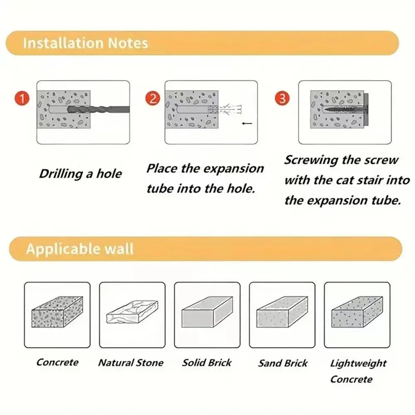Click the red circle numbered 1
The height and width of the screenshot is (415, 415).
click(x=22, y=98)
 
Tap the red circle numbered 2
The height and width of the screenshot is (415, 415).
click(x=153, y=98)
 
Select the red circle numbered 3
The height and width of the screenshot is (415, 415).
click(x=282, y=98)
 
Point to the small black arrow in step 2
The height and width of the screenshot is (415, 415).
click(x=247, y=123)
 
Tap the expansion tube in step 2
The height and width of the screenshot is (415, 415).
click(x=225, y=109)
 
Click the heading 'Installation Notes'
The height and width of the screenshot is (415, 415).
click(x=85, y=43)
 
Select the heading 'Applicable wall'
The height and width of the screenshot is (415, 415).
click(x=80, y=249)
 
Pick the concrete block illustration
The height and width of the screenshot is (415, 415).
click(x=57, y=312)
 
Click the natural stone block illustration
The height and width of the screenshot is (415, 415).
click(x=132, y=312)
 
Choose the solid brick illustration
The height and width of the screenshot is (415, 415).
click(x=207, y=312)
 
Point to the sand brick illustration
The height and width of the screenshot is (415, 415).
click(x=282, y=312)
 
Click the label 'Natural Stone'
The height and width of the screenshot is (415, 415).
click(x=131, y=363)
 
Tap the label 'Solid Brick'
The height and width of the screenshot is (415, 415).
click(x=207, y=363)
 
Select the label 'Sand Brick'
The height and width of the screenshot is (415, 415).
click(x=283, y=363)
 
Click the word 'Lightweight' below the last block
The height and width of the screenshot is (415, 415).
click(x=358, y=364)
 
